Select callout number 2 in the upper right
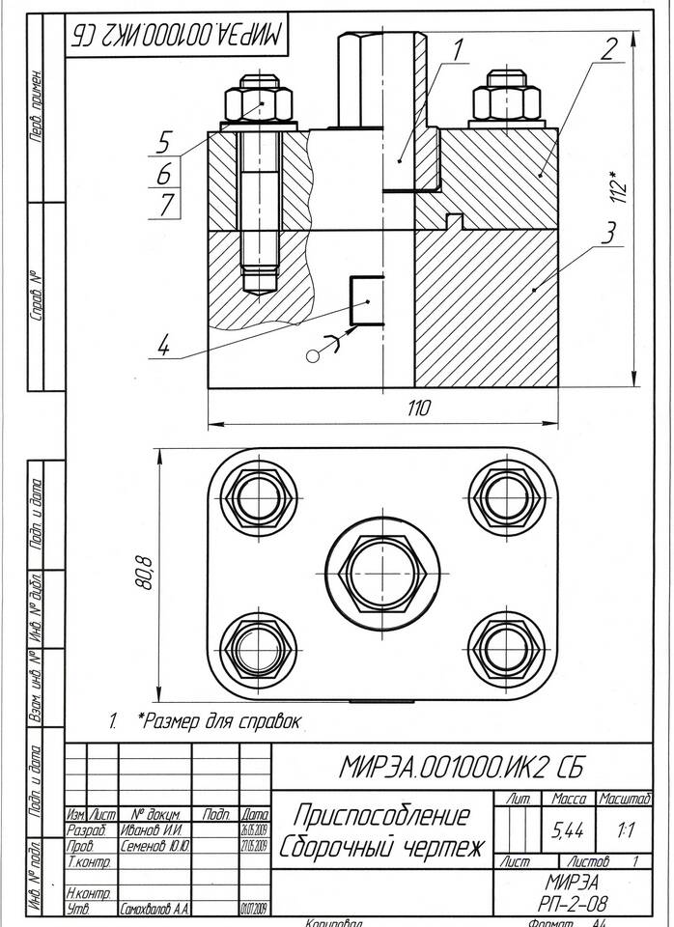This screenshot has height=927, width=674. click(606, 50)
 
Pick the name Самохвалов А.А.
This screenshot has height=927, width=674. click(154, 909)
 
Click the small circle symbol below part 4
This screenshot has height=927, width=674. click(312, 356)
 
